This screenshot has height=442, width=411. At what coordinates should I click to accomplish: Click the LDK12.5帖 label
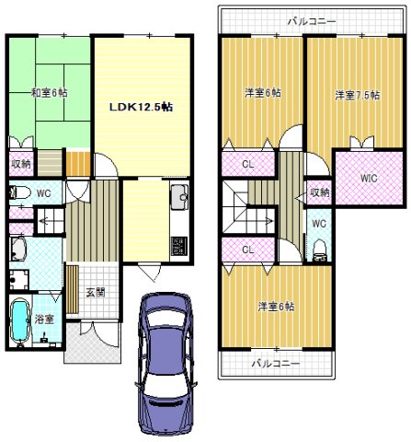(141, 107)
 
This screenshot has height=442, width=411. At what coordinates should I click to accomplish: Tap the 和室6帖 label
(50, 92)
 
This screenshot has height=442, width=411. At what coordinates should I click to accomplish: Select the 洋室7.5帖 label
(357, 95)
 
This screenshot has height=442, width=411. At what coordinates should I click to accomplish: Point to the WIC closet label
(369, 178)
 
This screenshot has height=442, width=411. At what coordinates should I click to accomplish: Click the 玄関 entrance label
(96, 293)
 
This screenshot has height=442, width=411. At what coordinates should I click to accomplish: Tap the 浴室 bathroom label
(44, 320)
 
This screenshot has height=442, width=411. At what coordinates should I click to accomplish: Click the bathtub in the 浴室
(20, 320)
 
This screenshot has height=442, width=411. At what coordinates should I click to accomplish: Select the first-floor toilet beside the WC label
(20, 193)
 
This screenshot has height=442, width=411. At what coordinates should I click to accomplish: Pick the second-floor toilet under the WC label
(320, 250)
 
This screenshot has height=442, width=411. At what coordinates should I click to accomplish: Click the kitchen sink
(179, 197)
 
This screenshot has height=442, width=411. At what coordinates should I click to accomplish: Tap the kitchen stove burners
(178, 245)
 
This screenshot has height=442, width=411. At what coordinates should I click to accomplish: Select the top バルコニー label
(312, 21)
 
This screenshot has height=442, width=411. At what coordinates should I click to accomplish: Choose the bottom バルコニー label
(276, 364)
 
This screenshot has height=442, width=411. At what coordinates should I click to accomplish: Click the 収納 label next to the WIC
(319, 192)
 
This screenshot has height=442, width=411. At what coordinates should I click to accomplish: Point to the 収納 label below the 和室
(21, 164)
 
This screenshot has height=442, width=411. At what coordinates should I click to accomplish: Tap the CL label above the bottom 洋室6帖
(248, 250)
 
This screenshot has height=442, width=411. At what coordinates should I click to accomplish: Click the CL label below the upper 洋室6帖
(248, 165)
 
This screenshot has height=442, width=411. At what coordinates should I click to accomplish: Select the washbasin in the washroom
(18, 249)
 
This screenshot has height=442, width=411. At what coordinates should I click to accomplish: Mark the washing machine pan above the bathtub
(19, 279)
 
